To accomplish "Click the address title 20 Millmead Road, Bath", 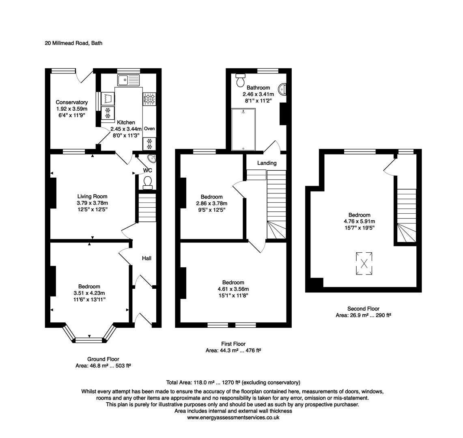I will tap(73, 43).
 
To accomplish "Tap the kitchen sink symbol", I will tap(128, 79).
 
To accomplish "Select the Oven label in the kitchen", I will tap(149, 129).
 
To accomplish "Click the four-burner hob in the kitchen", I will tap(149, 99).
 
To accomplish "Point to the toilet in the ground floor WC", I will tap(148, 182).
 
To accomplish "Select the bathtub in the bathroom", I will tap(243, 129).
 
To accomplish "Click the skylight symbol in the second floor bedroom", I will tap(364, 264).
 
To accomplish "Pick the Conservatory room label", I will tap(71, 103).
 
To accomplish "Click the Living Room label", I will tap(92, 197).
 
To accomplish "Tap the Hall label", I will tap(146, 258).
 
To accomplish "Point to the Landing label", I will tap(267, 163).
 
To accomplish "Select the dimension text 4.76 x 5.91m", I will tap(359, 221).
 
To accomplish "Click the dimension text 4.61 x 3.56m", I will tap(233, 289).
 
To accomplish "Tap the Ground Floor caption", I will tap(103, 359).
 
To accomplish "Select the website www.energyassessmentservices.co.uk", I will tap(233, 417).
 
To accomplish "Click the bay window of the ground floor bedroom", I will tap(89, 339).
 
